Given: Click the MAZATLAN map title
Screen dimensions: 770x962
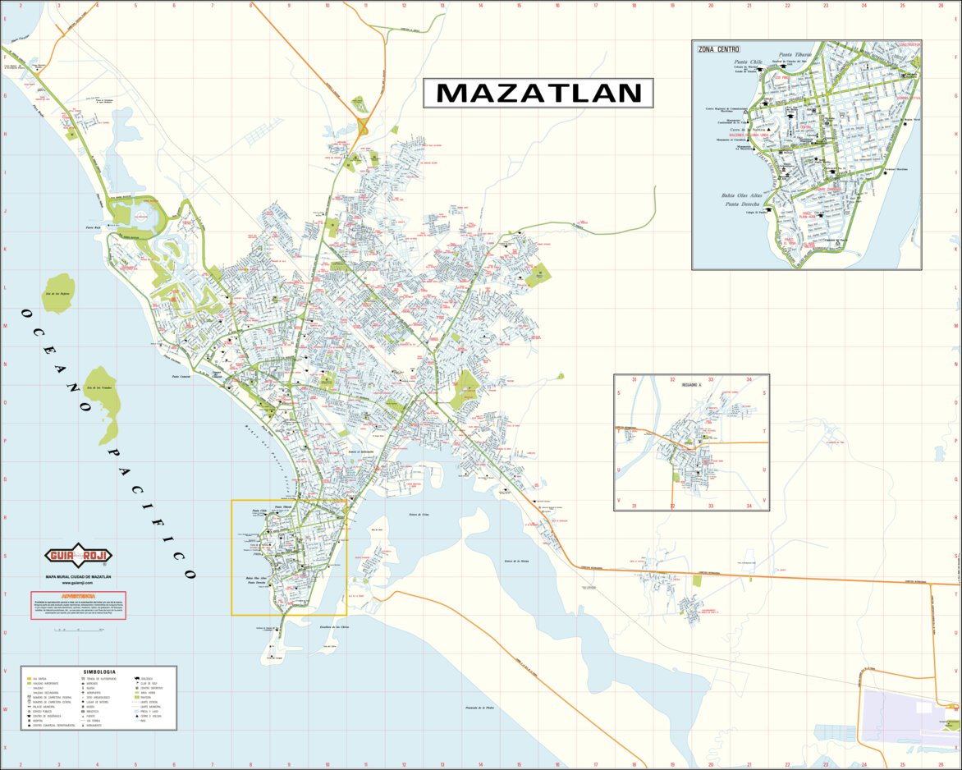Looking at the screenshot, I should (538, 93).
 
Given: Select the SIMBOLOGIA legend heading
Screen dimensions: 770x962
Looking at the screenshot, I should (98, 671).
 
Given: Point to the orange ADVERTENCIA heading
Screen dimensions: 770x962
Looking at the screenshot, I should (78, 594).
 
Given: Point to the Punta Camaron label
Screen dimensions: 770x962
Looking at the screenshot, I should (181, 377).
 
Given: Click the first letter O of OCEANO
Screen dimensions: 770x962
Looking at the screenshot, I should (27, 314).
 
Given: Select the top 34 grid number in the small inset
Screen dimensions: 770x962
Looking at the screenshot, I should (749, 380).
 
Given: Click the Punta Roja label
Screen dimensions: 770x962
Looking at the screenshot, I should (93, 227).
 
